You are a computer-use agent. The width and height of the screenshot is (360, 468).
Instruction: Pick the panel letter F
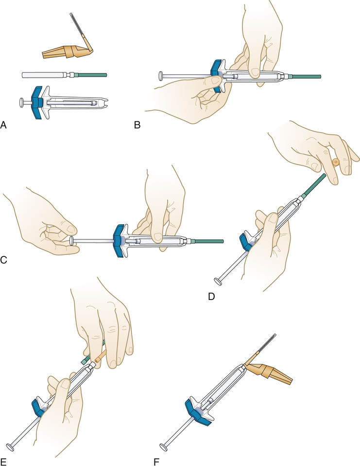(x=157, y=458)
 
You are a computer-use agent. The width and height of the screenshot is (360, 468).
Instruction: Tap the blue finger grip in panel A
(x=36, y=103)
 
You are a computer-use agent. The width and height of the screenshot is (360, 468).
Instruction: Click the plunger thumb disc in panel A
(x=21, y=103)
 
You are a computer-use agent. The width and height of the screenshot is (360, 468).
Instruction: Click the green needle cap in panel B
(x=307, y=76)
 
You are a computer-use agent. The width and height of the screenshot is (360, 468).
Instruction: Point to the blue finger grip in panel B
(x=215, y=76)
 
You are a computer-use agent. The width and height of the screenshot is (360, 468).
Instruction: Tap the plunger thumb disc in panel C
(x=72, y=240)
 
